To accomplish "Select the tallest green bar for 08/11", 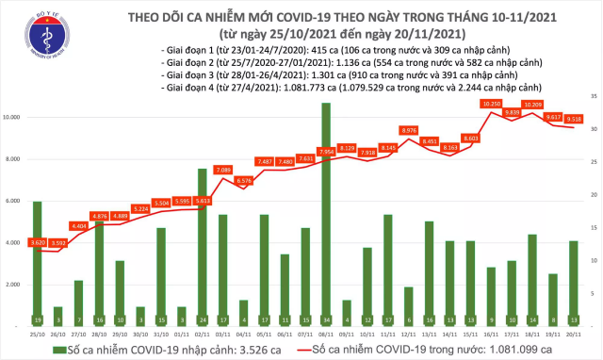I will click(x=325, y=212).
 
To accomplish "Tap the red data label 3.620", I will click(x=38, y=243).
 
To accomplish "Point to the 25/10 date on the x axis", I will click(x=37, y=333).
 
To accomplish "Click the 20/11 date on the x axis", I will click(x=573, y=333).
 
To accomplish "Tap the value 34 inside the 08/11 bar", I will click(x=325, y=319).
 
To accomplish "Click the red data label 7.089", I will click(x=223, y=170).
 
